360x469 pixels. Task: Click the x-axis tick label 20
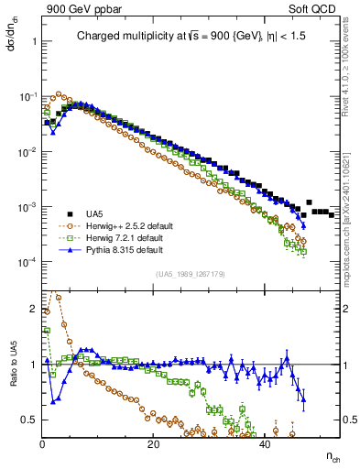point(154,444)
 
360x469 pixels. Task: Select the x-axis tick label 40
point(265,444)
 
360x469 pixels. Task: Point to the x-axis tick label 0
point(43,444)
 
